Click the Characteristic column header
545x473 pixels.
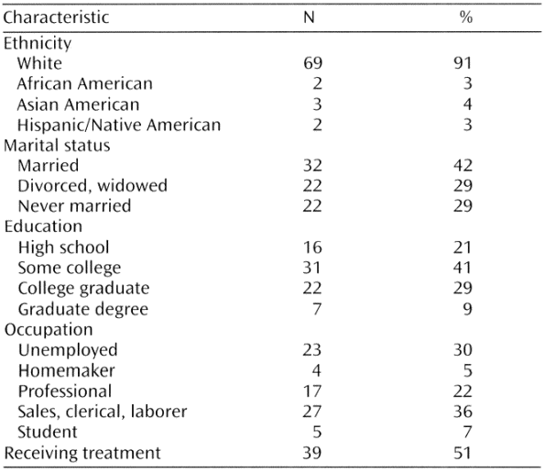56,17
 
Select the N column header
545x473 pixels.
309,17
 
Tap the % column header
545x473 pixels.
465,17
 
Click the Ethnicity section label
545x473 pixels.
38,43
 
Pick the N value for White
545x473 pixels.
312,63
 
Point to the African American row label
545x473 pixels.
85,83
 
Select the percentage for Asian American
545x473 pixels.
467,104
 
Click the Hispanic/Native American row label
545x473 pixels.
119,125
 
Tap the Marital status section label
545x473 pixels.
57,146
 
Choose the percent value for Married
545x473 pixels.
463,166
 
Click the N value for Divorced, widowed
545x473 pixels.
312,186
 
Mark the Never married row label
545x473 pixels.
74,206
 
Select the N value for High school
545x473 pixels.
312,247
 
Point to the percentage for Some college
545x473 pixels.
463,268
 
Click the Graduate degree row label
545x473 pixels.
83,309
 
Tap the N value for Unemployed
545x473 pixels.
312,350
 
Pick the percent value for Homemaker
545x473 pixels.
468,370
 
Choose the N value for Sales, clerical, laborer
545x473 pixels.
312,412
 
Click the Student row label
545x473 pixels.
48,432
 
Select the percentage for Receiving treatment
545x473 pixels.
463,453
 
